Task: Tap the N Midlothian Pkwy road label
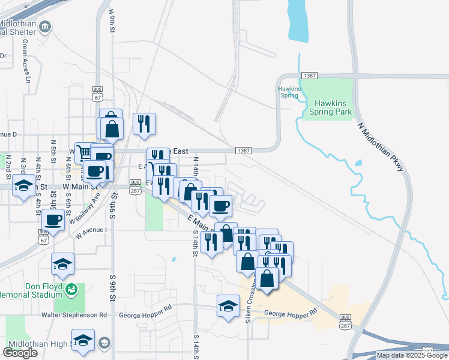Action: tap(381, 148)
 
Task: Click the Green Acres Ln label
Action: tap(26, 61)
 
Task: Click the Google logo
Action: tap(20, 353)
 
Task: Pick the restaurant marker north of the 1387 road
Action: tap(144, 123)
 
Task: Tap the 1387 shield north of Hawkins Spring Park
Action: tap(310, 76)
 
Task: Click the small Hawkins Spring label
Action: tap(288, 92)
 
